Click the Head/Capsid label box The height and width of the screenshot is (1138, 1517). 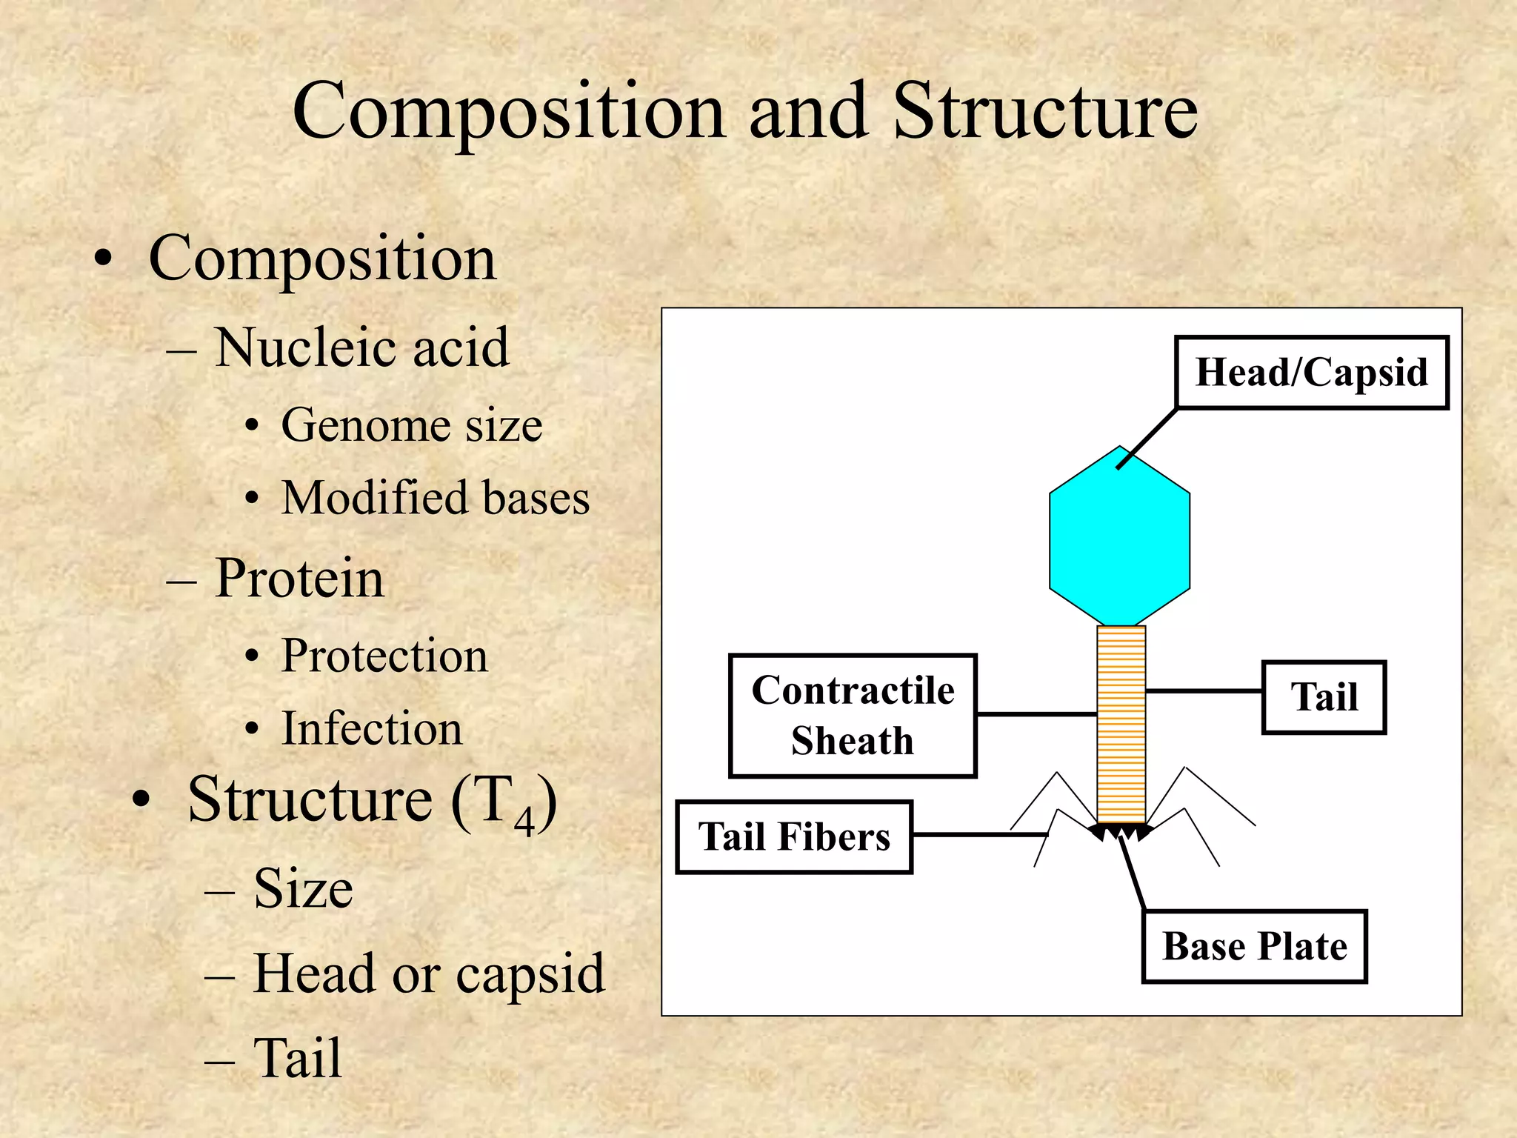pos(1311,372)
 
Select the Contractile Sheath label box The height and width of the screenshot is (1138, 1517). pos(853,716)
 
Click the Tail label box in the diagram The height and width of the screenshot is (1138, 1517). pos(1324,697)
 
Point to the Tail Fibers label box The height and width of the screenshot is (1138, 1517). pos(794,837)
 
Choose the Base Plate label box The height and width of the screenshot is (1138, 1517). pos(1254,947)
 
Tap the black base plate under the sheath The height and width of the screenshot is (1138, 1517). pos(1121,832)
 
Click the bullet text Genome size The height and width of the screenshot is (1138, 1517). pos(412,425)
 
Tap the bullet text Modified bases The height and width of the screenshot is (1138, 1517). pos(436,497)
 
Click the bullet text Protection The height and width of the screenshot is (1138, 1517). pos(384,656)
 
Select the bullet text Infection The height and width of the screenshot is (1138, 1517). pos(372,728)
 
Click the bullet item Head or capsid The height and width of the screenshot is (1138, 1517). pos(429,974)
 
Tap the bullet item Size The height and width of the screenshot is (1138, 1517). pos(303,888)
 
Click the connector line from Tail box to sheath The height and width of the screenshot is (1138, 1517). pos(1204,691)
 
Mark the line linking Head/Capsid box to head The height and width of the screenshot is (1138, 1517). pos(1147,439)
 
